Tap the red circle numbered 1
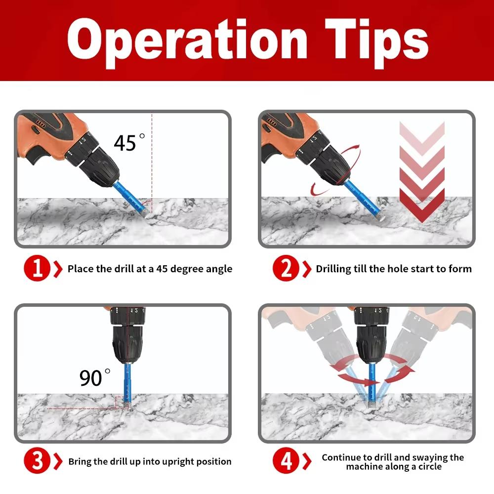pos(37,269)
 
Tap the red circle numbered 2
pos(286,269)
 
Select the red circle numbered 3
pos(37,461)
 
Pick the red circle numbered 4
pos(286,461)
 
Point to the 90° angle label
pos(94,378)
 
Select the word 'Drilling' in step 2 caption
pos(333,269)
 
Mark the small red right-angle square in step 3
pos(122,402)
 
